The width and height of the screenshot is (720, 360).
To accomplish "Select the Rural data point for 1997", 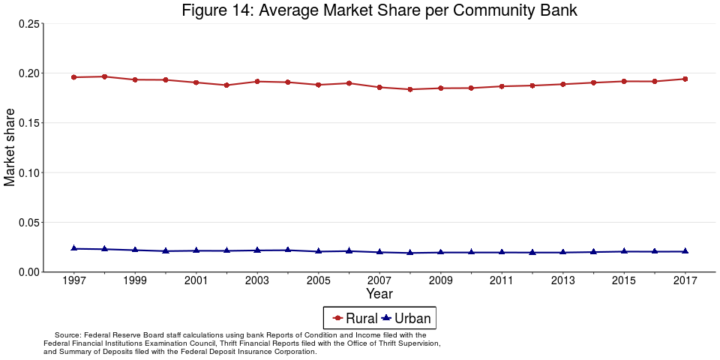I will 73,77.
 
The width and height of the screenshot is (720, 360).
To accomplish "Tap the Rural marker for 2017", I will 685,79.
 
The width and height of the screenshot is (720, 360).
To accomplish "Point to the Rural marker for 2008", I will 410,89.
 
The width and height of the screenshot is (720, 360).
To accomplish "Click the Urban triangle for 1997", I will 73,248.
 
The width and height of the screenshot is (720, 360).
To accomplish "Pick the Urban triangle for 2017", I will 685,251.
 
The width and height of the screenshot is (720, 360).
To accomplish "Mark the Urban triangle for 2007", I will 379,252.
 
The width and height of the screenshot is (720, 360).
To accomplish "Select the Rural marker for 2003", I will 257,81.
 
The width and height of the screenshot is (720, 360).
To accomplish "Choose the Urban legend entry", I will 406,318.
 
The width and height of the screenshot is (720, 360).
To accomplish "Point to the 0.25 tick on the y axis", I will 29,24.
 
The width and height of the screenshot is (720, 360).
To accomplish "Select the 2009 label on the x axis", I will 440,280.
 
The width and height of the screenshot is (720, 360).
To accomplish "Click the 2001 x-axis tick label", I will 196,280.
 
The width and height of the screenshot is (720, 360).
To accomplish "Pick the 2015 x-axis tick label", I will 624,280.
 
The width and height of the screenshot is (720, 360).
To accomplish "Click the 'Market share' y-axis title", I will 10,147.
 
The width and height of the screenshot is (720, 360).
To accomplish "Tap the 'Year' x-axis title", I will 379,294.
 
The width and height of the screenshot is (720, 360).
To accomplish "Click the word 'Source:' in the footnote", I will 67,335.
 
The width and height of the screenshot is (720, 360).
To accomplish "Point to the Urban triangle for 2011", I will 502,252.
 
